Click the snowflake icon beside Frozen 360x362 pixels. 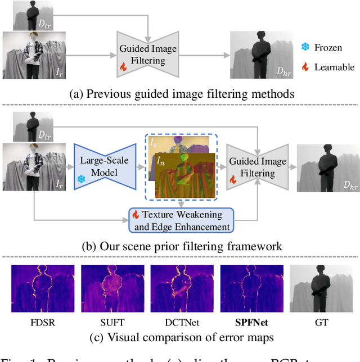click(305, 47)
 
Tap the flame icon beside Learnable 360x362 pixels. click(305, 67)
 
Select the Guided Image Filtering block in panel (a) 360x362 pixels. click(148, 54)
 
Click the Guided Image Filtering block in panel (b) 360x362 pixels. click(258, 167)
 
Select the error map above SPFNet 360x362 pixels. click(251, 288)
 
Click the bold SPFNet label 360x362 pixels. click(251, 323)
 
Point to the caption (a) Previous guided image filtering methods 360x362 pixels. click(181, 94)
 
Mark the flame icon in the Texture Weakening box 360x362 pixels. click(135, 214)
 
